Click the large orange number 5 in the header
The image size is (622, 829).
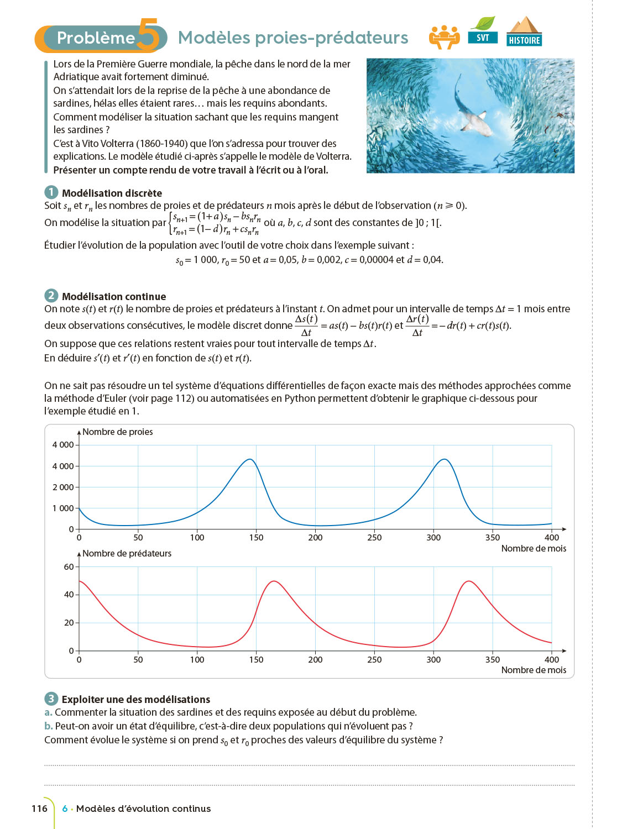point(148,35)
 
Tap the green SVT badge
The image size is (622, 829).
point(483,31)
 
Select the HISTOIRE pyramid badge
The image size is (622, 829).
point(524,32)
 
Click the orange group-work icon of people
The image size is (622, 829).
point(444,37)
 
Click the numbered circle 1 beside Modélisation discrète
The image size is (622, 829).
point(51,192)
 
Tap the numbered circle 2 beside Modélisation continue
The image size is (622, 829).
point(51,296)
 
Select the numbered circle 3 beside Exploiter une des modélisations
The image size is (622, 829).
point(51,699)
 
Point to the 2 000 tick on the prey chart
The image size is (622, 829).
point(63,487)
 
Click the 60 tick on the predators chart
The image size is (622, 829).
point(69,566)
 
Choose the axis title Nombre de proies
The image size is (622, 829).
point(117,432)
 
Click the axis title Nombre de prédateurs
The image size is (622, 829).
point(127,553)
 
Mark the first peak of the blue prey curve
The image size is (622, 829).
point(250,459)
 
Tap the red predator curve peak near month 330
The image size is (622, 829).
point(469,581)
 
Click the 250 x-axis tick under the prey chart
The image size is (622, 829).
point(374,537)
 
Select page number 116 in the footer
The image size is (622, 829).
point(39,809)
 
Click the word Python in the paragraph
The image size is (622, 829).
point(299,398)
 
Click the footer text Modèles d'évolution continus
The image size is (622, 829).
point(143,809)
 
